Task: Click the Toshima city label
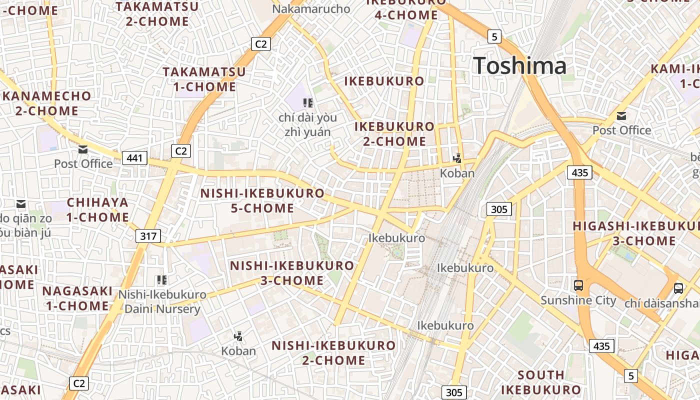coord(519,66)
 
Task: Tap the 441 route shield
coord(134,158)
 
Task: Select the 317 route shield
coord(148,236)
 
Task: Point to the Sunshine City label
coord(578,300)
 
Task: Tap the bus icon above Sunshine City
coord(578,285)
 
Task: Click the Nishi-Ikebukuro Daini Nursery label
coord(162,301)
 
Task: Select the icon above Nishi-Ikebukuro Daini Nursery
coord(161,280)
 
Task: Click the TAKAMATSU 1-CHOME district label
coord(204,79)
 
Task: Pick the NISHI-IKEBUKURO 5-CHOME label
coord(262,200)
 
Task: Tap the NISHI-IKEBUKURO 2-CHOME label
coord(333,352)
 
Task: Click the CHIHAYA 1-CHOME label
coord(98,210)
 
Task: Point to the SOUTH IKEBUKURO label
coord(541,382)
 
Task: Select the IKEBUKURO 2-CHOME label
coord(394,134)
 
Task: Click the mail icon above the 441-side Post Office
coord(83,149)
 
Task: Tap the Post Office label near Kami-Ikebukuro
coord(621,130)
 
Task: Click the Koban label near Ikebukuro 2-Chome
coord(457,173)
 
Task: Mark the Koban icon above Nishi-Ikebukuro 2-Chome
coord(238,336)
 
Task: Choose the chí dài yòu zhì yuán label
coord(307,125)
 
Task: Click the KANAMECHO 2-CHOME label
coord(47,103)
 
